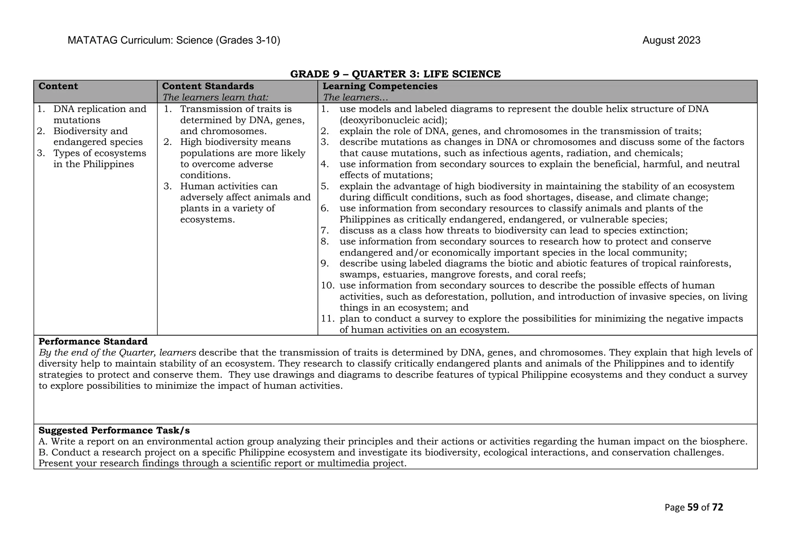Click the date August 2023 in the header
click(x=671, y=41)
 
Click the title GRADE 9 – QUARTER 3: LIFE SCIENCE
click(x=395, y=74)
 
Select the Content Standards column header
click(x=208, y=86)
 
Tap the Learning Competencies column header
click(x=380, y=86)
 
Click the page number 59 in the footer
click(x=693, y=507)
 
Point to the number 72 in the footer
click(x=717, y=507)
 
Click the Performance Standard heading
click(x=93, y=342)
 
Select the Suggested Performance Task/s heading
click(x=114, y=431)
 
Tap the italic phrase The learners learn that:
click(x=215, y=97)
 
